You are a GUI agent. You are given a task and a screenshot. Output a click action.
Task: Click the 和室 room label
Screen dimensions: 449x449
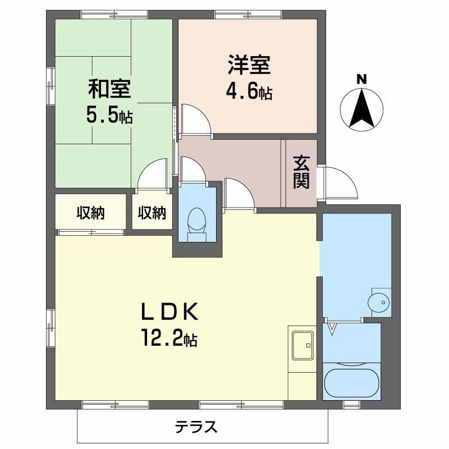[109, 89]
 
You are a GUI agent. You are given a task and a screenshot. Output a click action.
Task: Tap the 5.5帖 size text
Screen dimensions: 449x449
[109, 116]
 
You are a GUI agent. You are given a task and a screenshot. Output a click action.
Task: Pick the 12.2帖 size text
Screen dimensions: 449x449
[168, 338]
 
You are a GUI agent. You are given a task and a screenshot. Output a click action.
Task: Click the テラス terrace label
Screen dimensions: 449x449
[196, 428]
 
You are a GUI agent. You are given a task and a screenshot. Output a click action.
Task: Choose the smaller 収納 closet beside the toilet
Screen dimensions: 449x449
[152, 213]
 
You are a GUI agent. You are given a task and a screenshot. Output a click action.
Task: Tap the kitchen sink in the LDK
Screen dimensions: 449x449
[303, 343]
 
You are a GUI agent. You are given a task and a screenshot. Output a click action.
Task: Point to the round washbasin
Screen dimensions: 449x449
[378, 303]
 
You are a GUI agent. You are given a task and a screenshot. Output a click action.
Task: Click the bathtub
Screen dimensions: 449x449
[351, 383]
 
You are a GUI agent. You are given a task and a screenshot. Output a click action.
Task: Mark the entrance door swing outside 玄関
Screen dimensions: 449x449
[338, 182]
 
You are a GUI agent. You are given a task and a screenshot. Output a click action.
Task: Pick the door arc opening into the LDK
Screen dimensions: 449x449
[238, 194]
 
